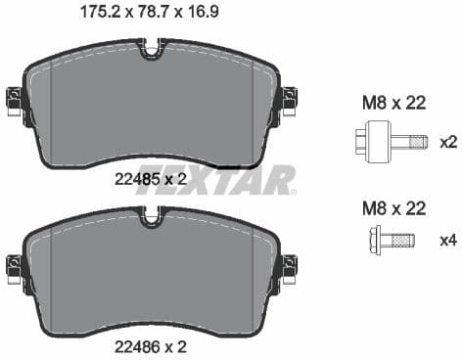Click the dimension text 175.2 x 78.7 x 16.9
(150, 14)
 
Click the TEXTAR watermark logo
(215, 180)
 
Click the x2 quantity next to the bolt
(448, 142)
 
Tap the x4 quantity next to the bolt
(448, 240)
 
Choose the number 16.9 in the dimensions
(203, 14)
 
